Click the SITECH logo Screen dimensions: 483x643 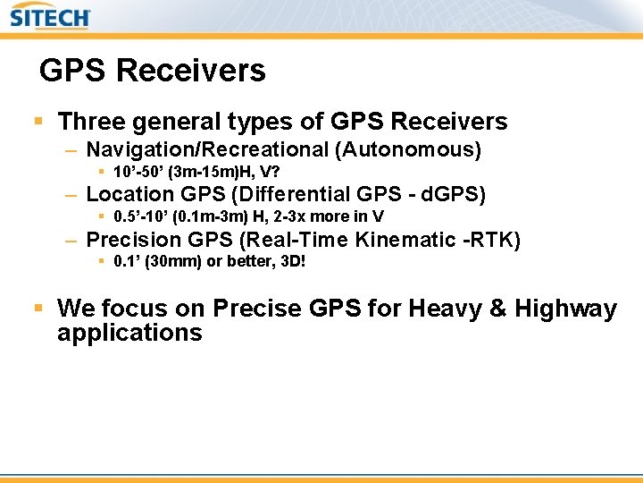pos(51,18)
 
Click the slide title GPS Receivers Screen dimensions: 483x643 pos(153,71)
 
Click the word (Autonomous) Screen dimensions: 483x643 pos(408,149)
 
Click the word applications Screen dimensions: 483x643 pos(129,334)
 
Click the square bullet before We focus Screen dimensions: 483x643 pos(38,308)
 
